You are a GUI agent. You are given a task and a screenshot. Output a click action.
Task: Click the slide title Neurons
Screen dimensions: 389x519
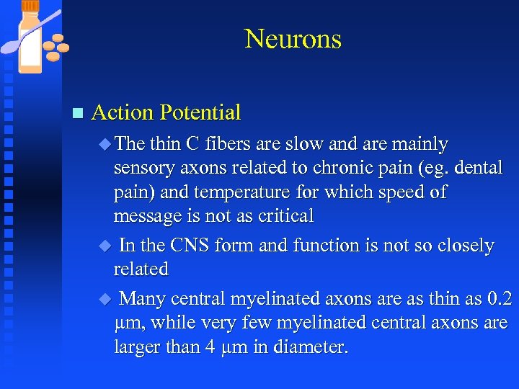[293, 38]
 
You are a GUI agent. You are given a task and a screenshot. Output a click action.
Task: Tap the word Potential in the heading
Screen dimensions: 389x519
[200, 112]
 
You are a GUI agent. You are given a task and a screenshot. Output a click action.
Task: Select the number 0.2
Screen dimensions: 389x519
[499, 298]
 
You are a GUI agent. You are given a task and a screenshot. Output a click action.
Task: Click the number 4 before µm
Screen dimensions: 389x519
[209, 346]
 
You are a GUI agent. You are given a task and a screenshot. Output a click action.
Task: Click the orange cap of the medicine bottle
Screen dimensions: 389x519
[30, 6]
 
